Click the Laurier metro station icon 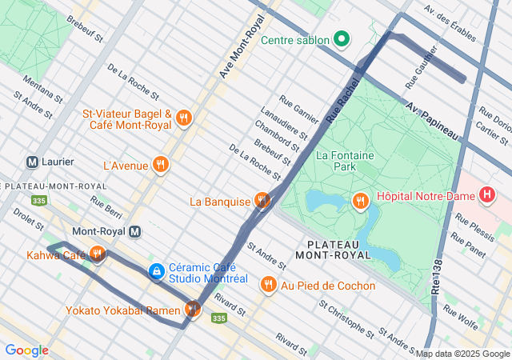click(x=34, y=162)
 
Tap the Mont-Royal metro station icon click(x=135, y=232)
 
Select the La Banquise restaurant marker click(x=262, y=201)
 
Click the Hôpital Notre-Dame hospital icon click(x=486, y=194)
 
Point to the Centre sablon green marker click(x=342, y=38)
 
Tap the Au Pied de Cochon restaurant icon click(x=268, y=285)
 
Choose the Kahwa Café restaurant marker click(x=98, y=254)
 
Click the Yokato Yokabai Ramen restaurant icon click(x=192, y=308)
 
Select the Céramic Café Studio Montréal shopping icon click(x=156, y=273)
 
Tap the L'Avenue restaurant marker click(x=161, y=165)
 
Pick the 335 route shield click(x=219, y=318)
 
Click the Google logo click(x=26, y=350)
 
